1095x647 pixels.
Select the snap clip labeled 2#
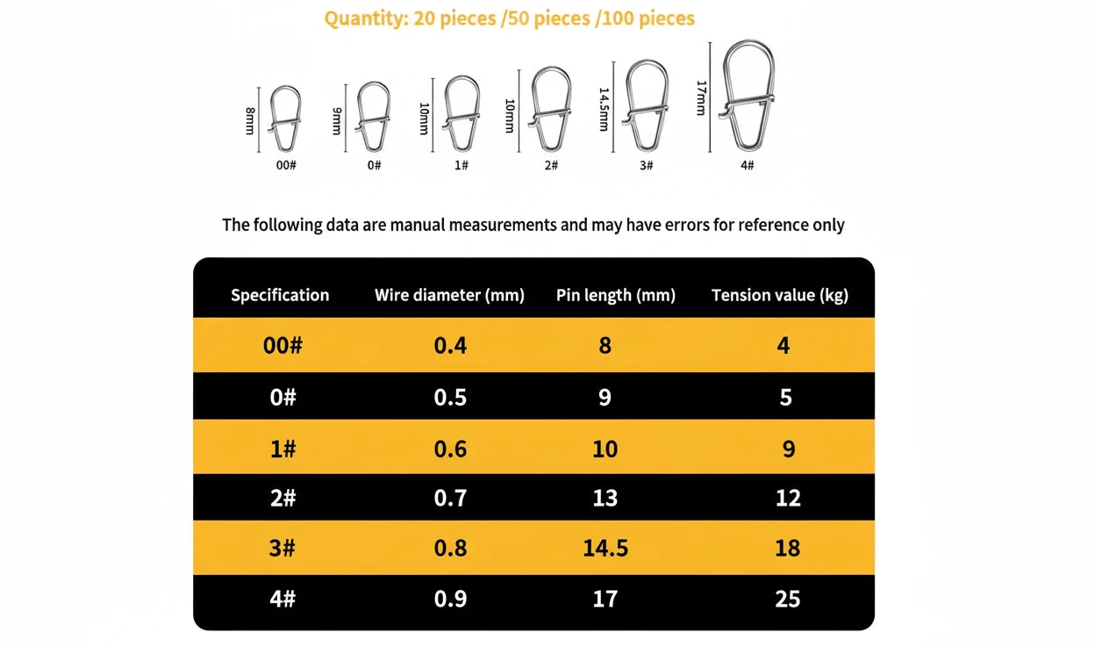[x=551, y=110]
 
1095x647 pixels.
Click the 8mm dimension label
[x=250, y=120]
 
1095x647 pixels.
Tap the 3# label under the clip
[x=646, y=165]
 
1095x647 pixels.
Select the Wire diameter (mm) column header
[x=449, y=295]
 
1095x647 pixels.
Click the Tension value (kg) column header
[x=779, y=295]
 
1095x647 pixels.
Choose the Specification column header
[x=280, y=295]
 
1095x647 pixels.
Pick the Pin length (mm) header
[x=615, y=295]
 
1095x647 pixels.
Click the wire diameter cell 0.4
[x=450, y=345]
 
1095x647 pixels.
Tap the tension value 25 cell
[x=787, y=599]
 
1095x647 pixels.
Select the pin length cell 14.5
[x=605, y=548]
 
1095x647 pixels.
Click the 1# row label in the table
[x=283, y=449]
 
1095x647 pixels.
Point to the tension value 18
[x=787, y=548]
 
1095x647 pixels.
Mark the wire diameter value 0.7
[x=450, y=498]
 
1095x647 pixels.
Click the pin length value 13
[x=605, y=498]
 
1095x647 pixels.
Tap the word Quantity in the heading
[x=361, y=18]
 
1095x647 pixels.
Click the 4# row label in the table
[x=283, y=599]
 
